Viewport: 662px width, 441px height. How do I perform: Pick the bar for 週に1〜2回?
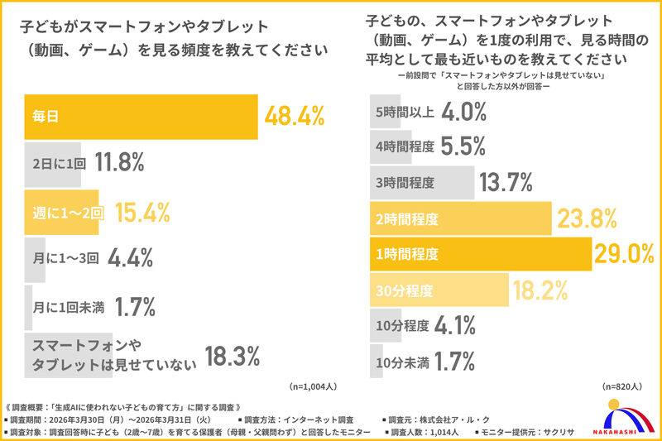tap(66, 212)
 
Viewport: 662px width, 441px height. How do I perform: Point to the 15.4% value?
tap(142, 212)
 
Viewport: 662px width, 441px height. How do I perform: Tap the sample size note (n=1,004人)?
tap(314, 386)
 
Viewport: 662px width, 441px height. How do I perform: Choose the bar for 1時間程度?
tap(480, 254)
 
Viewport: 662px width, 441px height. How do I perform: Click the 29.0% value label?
tap(625, 254)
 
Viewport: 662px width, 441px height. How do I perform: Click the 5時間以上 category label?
tap(404, 111)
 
